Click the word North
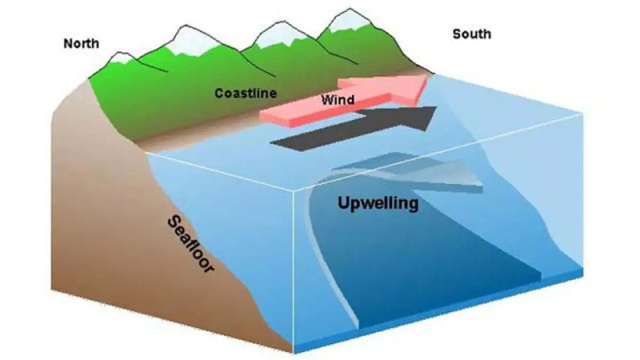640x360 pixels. point(81,43)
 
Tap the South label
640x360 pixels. point(471,34)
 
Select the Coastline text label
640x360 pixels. point(245,94)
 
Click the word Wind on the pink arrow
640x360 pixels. point(338,100)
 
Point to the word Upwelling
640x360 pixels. point(378,203)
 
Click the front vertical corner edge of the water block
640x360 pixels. point(294,267)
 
